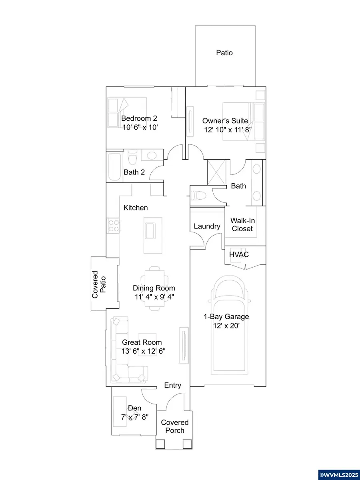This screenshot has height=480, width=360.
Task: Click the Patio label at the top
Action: tap(224, 52)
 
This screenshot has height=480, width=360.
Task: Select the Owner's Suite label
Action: tap(225, 120)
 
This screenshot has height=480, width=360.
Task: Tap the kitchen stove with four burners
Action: tap(114, 224)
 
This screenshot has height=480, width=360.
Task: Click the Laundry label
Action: tap(207, 226)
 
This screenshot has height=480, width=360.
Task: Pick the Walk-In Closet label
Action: tap(242, 224)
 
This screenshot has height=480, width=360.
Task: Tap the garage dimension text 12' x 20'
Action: tap(226, 326)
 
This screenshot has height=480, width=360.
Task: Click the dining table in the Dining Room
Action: tap(154, 288)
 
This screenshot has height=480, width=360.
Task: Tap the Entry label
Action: tap(173, 385)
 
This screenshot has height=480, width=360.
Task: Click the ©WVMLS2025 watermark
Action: tap(339, 475)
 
